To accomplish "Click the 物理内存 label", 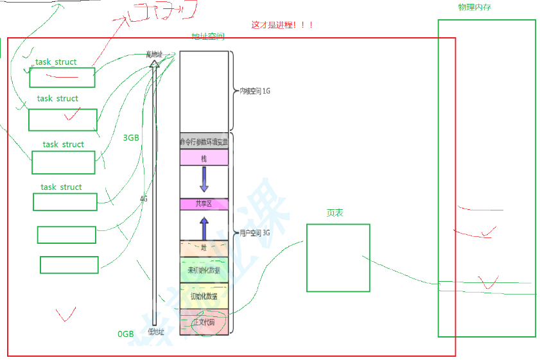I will click(x=475, y=7).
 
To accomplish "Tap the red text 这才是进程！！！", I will click(x=283, y=25).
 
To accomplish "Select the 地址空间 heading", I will click(x=208, y=37).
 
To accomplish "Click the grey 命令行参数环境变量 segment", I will click(x=204, y=141).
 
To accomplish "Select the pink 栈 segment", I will click(x=204, y=157).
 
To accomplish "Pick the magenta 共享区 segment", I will click(x=204, y=204).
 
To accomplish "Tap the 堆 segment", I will click(x=204, y=247).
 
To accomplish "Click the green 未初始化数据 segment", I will click(x=204, y=270).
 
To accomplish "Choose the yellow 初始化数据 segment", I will click(x=204, y=296).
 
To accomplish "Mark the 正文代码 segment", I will click(x=204, y=321).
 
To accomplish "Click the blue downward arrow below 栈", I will click(x=204, y=179).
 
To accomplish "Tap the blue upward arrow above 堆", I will click(x=204, y=228).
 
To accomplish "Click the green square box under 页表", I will click(x=338, y=257).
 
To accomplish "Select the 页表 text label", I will click(x=335, y=212).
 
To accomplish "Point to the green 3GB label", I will click(x=131, y=137).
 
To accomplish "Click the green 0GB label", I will click(x=125, y=334).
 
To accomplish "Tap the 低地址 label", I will click(x=156, y=332).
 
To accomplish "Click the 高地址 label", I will click(x=155, y=54).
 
